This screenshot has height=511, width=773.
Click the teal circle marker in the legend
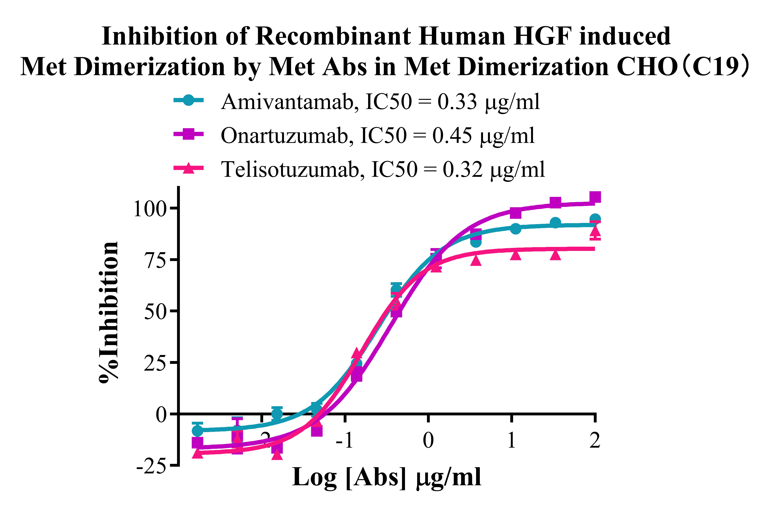coord(188,100)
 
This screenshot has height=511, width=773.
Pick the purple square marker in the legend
coord(188,134)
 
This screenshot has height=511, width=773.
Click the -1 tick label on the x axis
coord(345,441)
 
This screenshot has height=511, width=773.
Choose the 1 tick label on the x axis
coord(512,441)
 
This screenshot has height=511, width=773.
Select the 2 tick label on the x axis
coord(595,441)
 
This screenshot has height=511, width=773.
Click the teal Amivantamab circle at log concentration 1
coord(515,229)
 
